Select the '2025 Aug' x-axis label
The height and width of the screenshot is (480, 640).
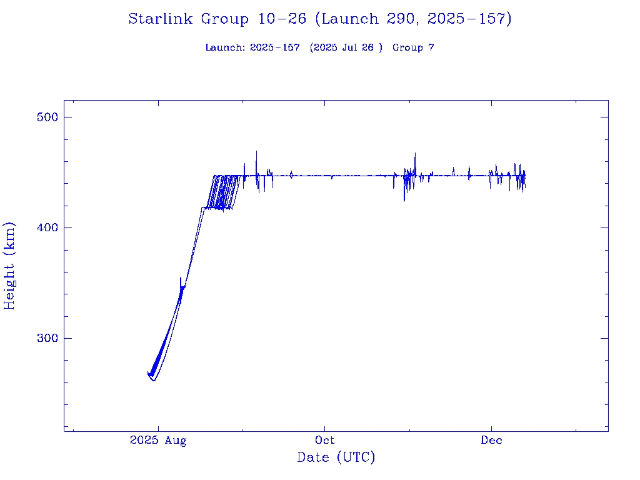158,441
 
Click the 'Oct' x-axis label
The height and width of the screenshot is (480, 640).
325,441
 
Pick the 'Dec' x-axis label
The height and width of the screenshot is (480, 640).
491,441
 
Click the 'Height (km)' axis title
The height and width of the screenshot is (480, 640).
10,265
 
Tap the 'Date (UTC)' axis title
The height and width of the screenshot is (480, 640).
336,457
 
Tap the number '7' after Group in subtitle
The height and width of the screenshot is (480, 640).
431,47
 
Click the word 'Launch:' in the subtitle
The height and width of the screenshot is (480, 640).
226,47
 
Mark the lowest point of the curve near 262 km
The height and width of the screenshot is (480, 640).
154,380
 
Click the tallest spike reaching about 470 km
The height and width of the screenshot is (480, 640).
256,151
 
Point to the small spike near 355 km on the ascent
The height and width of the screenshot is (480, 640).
181,278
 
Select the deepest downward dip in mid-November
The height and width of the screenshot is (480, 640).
404,201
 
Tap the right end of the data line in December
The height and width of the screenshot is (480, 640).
525,181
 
